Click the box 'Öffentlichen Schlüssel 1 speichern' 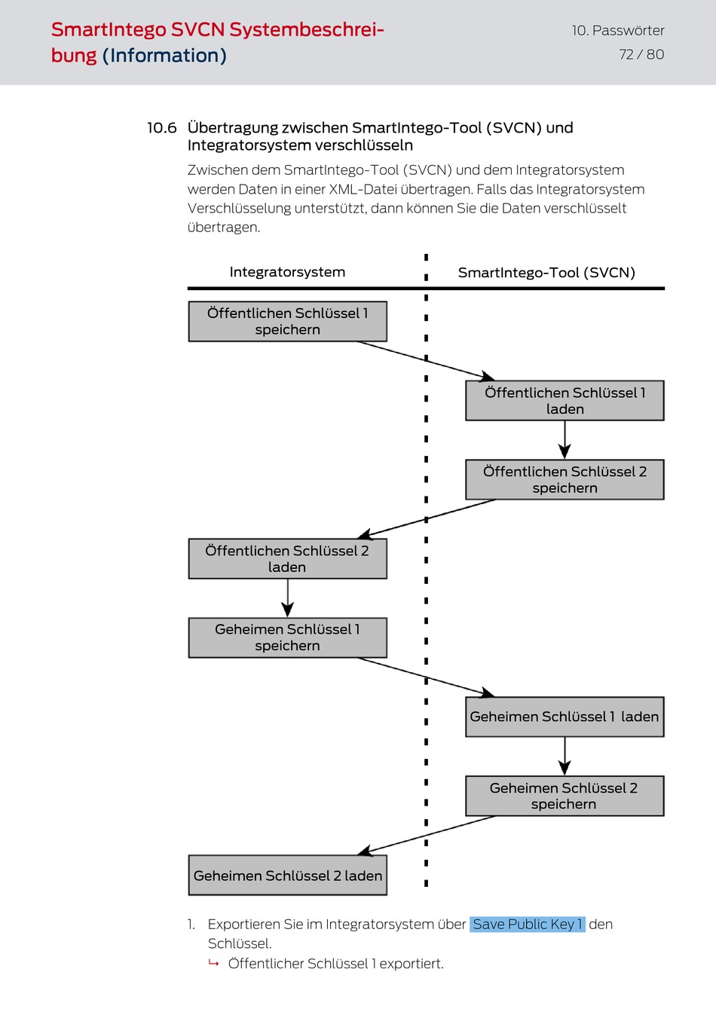(x=287, y=321)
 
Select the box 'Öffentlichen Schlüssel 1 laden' (x=565, y=401)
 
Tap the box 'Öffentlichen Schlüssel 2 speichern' (x=565, y=480)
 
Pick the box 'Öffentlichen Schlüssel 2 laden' (x=287, y=559)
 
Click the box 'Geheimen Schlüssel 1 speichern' (x=287, y=638)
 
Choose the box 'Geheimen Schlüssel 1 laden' (x=565, y=717)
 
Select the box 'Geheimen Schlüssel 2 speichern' (x=565, y=796)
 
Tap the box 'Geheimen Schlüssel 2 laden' (x=287, y=875)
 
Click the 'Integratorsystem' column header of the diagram (x=287, y=272)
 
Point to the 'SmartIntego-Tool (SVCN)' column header (x=546, y=273)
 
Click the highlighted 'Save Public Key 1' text (x=528, y=925)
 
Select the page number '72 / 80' (x=641, y=55)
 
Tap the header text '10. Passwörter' (x=618, y=31)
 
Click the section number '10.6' (x=162, y=128)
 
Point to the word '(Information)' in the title (x=164, y=56)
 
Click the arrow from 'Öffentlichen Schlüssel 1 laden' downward (x=565, y=440)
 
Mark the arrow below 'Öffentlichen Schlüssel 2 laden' (x=287, y=598)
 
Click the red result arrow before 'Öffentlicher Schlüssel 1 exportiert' (x=214, y=963)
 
